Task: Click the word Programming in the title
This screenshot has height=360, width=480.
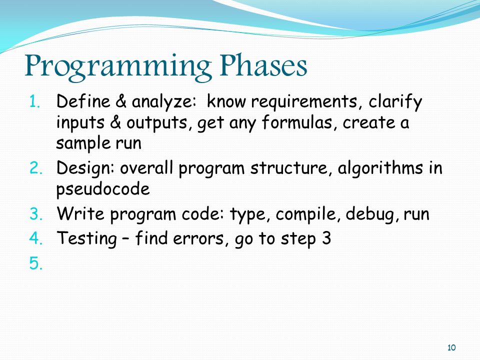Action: click(x=118, y=67)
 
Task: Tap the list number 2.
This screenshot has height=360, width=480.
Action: click(x=36, y=168)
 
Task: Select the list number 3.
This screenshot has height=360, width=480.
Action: click(x=36, y=214)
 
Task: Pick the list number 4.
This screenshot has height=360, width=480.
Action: click(x=36, y=238)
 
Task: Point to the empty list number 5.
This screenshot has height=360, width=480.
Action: click(x=36, y=263)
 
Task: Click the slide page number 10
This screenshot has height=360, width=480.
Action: click(x=451, y=348)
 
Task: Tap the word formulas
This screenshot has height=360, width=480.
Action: click(x=297, y=122)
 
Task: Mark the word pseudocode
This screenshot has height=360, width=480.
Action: click(x=103, y=188)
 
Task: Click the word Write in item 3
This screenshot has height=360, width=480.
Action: click(x=80, y=213)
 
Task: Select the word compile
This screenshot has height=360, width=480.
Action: click(x=308, y=214)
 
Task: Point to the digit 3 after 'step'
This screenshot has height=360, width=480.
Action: click(x=326, y=238)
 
